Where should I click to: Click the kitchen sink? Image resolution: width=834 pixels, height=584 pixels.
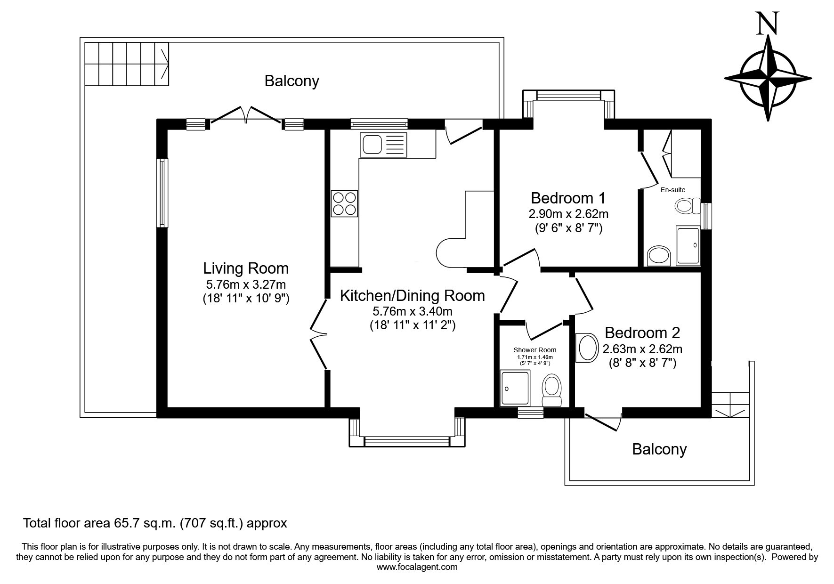[383, 145]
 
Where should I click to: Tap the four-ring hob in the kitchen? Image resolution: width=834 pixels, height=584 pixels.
[344, 203]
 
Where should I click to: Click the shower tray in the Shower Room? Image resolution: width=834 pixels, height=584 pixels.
[515, 388]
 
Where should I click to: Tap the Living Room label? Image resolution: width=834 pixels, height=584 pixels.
[246, 268]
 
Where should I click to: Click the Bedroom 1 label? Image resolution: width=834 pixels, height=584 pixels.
[568, 198]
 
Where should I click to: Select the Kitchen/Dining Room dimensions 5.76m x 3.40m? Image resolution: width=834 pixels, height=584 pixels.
[413, 311]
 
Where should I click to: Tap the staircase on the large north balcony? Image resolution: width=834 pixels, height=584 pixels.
[127, 64]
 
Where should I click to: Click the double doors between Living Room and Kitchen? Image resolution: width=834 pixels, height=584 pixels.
[319, 334]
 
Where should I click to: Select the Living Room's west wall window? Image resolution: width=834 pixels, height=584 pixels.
[162, 193]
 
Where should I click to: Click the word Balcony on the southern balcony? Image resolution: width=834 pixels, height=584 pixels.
[659, 449]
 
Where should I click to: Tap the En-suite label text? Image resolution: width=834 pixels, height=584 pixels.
[673, 190]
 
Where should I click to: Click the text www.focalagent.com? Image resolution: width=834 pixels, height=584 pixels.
[417, 567]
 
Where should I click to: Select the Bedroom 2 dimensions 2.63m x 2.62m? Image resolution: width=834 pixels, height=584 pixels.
[642, 349]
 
